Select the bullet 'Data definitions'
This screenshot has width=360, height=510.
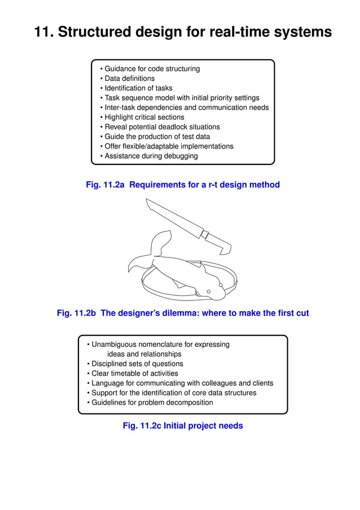click(x=129, y=79)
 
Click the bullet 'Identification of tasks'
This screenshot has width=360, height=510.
click(x=138, y=88)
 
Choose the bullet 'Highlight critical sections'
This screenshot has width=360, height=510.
click(x=144, y=117)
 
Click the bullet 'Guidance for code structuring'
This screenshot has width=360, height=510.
click(x=152, y=69)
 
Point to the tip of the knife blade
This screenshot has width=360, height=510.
click(x=147, y=200)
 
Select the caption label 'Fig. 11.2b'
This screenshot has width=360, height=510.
click(x=77, y=313)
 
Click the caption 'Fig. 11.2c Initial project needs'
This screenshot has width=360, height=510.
click(x=183, y=426)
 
